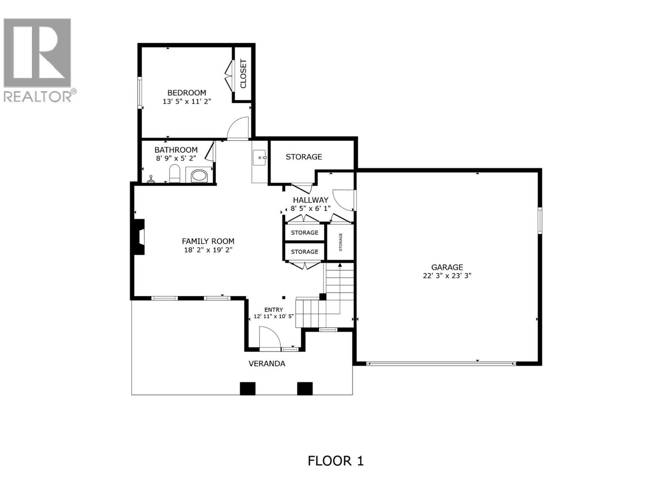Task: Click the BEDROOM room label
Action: (x=186, y=93)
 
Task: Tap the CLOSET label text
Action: (x=243, y=74)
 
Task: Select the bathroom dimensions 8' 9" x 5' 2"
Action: (x=176, y=158)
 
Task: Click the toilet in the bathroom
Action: (x=174, y=174)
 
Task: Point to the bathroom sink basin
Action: (x=199, y=176)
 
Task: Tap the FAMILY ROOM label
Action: (x=208, y=241)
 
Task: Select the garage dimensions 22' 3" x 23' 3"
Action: (x=447, y=276)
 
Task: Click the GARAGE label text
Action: (x=447, y=267)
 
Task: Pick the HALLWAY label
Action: (x=310, y=200)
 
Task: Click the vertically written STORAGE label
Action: (x=341, y=242)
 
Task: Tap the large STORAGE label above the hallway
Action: (x=304, y=157)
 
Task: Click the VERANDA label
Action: (x=267, y=364)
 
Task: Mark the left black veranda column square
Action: (x=247, y=388)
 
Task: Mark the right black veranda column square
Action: (x=305, y=388)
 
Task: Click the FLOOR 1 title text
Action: (x=336, y=461)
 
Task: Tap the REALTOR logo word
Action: (x=38, y=96)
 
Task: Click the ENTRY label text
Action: (x=273, y=310)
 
